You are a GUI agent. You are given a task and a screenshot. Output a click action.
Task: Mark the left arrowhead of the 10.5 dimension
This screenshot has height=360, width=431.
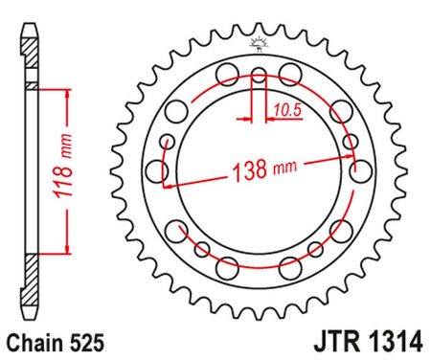pyautogui.click(x=247, y=119)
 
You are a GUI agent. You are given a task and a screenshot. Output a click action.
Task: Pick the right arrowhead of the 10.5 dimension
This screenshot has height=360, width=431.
pyautogui.click(x=267, y=119)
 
